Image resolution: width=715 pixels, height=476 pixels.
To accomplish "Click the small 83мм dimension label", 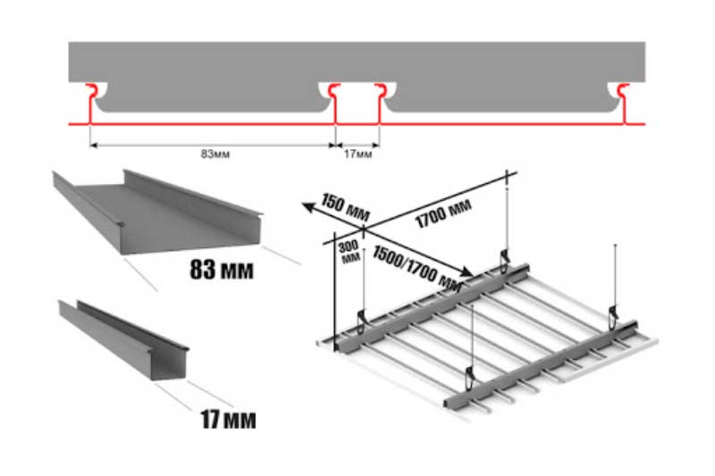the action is (215, 154).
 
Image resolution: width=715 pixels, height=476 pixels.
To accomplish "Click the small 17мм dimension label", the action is (358, 154).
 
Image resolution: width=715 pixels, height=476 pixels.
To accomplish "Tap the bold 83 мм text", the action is (221, 269).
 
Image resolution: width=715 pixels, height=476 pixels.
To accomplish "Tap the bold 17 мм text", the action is (228, 419).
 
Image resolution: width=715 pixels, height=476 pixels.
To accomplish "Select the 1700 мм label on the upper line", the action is (443, 213).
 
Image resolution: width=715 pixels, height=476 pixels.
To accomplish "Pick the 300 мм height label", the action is (349, 252).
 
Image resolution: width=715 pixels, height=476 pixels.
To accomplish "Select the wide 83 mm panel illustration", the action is (157, 213).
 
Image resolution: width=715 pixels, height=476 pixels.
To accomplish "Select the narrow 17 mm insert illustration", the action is (123, 339).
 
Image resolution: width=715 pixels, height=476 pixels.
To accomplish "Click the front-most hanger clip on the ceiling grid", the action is (469, 377).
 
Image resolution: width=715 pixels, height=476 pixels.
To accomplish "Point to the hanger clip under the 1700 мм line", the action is (505, 260).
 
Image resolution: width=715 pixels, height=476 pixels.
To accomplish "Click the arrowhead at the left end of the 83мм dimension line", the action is (94, 146).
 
